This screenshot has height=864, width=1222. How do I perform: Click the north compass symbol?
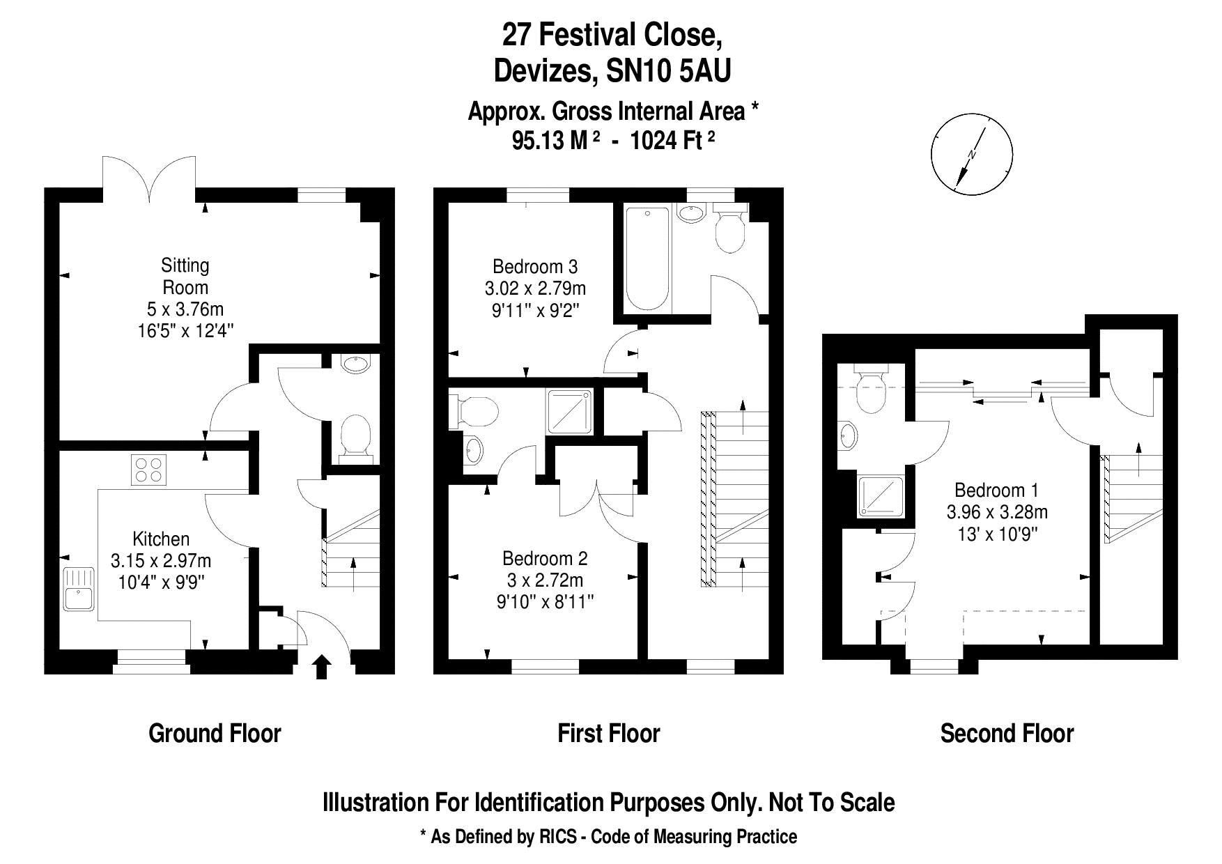tap(972, 155)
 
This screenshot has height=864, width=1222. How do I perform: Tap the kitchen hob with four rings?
tap(150, 470)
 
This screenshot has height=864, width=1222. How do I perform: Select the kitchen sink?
tap(78, 589)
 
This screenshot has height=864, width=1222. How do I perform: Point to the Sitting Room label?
tap(185, 276)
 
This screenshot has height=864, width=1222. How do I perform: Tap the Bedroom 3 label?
tap(535, 266)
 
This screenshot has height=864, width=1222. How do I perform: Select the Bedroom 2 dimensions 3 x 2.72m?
tap(545, 580)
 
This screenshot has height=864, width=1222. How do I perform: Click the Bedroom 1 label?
tap(996, 490)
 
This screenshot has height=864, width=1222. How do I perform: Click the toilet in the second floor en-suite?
tap(871, 393)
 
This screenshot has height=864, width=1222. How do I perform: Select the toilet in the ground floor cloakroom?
tap(355, 438)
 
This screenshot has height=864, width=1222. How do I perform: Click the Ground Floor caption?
tap(215, 733)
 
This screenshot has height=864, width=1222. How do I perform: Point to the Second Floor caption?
tap(1007, 733)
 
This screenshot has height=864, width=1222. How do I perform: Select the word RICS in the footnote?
tap(557, 836)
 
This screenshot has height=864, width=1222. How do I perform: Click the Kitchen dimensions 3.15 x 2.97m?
tap(161, 560)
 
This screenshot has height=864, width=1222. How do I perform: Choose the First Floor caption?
tap(608, 733)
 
